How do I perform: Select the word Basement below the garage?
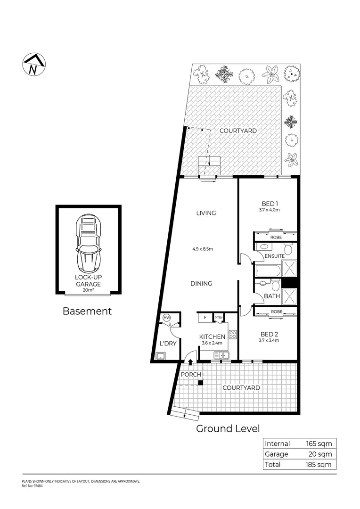pyautogui.click(x=87, y=311)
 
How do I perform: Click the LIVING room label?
pyautogui.click(x=206, y=213)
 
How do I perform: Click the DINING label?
pyautogui.click(x=201, y=283)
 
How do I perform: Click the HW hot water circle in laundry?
pyautogui.click(x=166, y=318)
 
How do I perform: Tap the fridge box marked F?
pyautogui.click(x=205, y=318)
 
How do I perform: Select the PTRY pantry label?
pyautogui.click(x=219, y=318)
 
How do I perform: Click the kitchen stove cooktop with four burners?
pyautogui.click(x=232, y=335)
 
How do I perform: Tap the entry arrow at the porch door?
pyautogui.click(x=190, y=362)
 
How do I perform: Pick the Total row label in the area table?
pyautogui.click(x=273, y=464)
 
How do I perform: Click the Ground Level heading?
pyautogui.click(x=228, y=428)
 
